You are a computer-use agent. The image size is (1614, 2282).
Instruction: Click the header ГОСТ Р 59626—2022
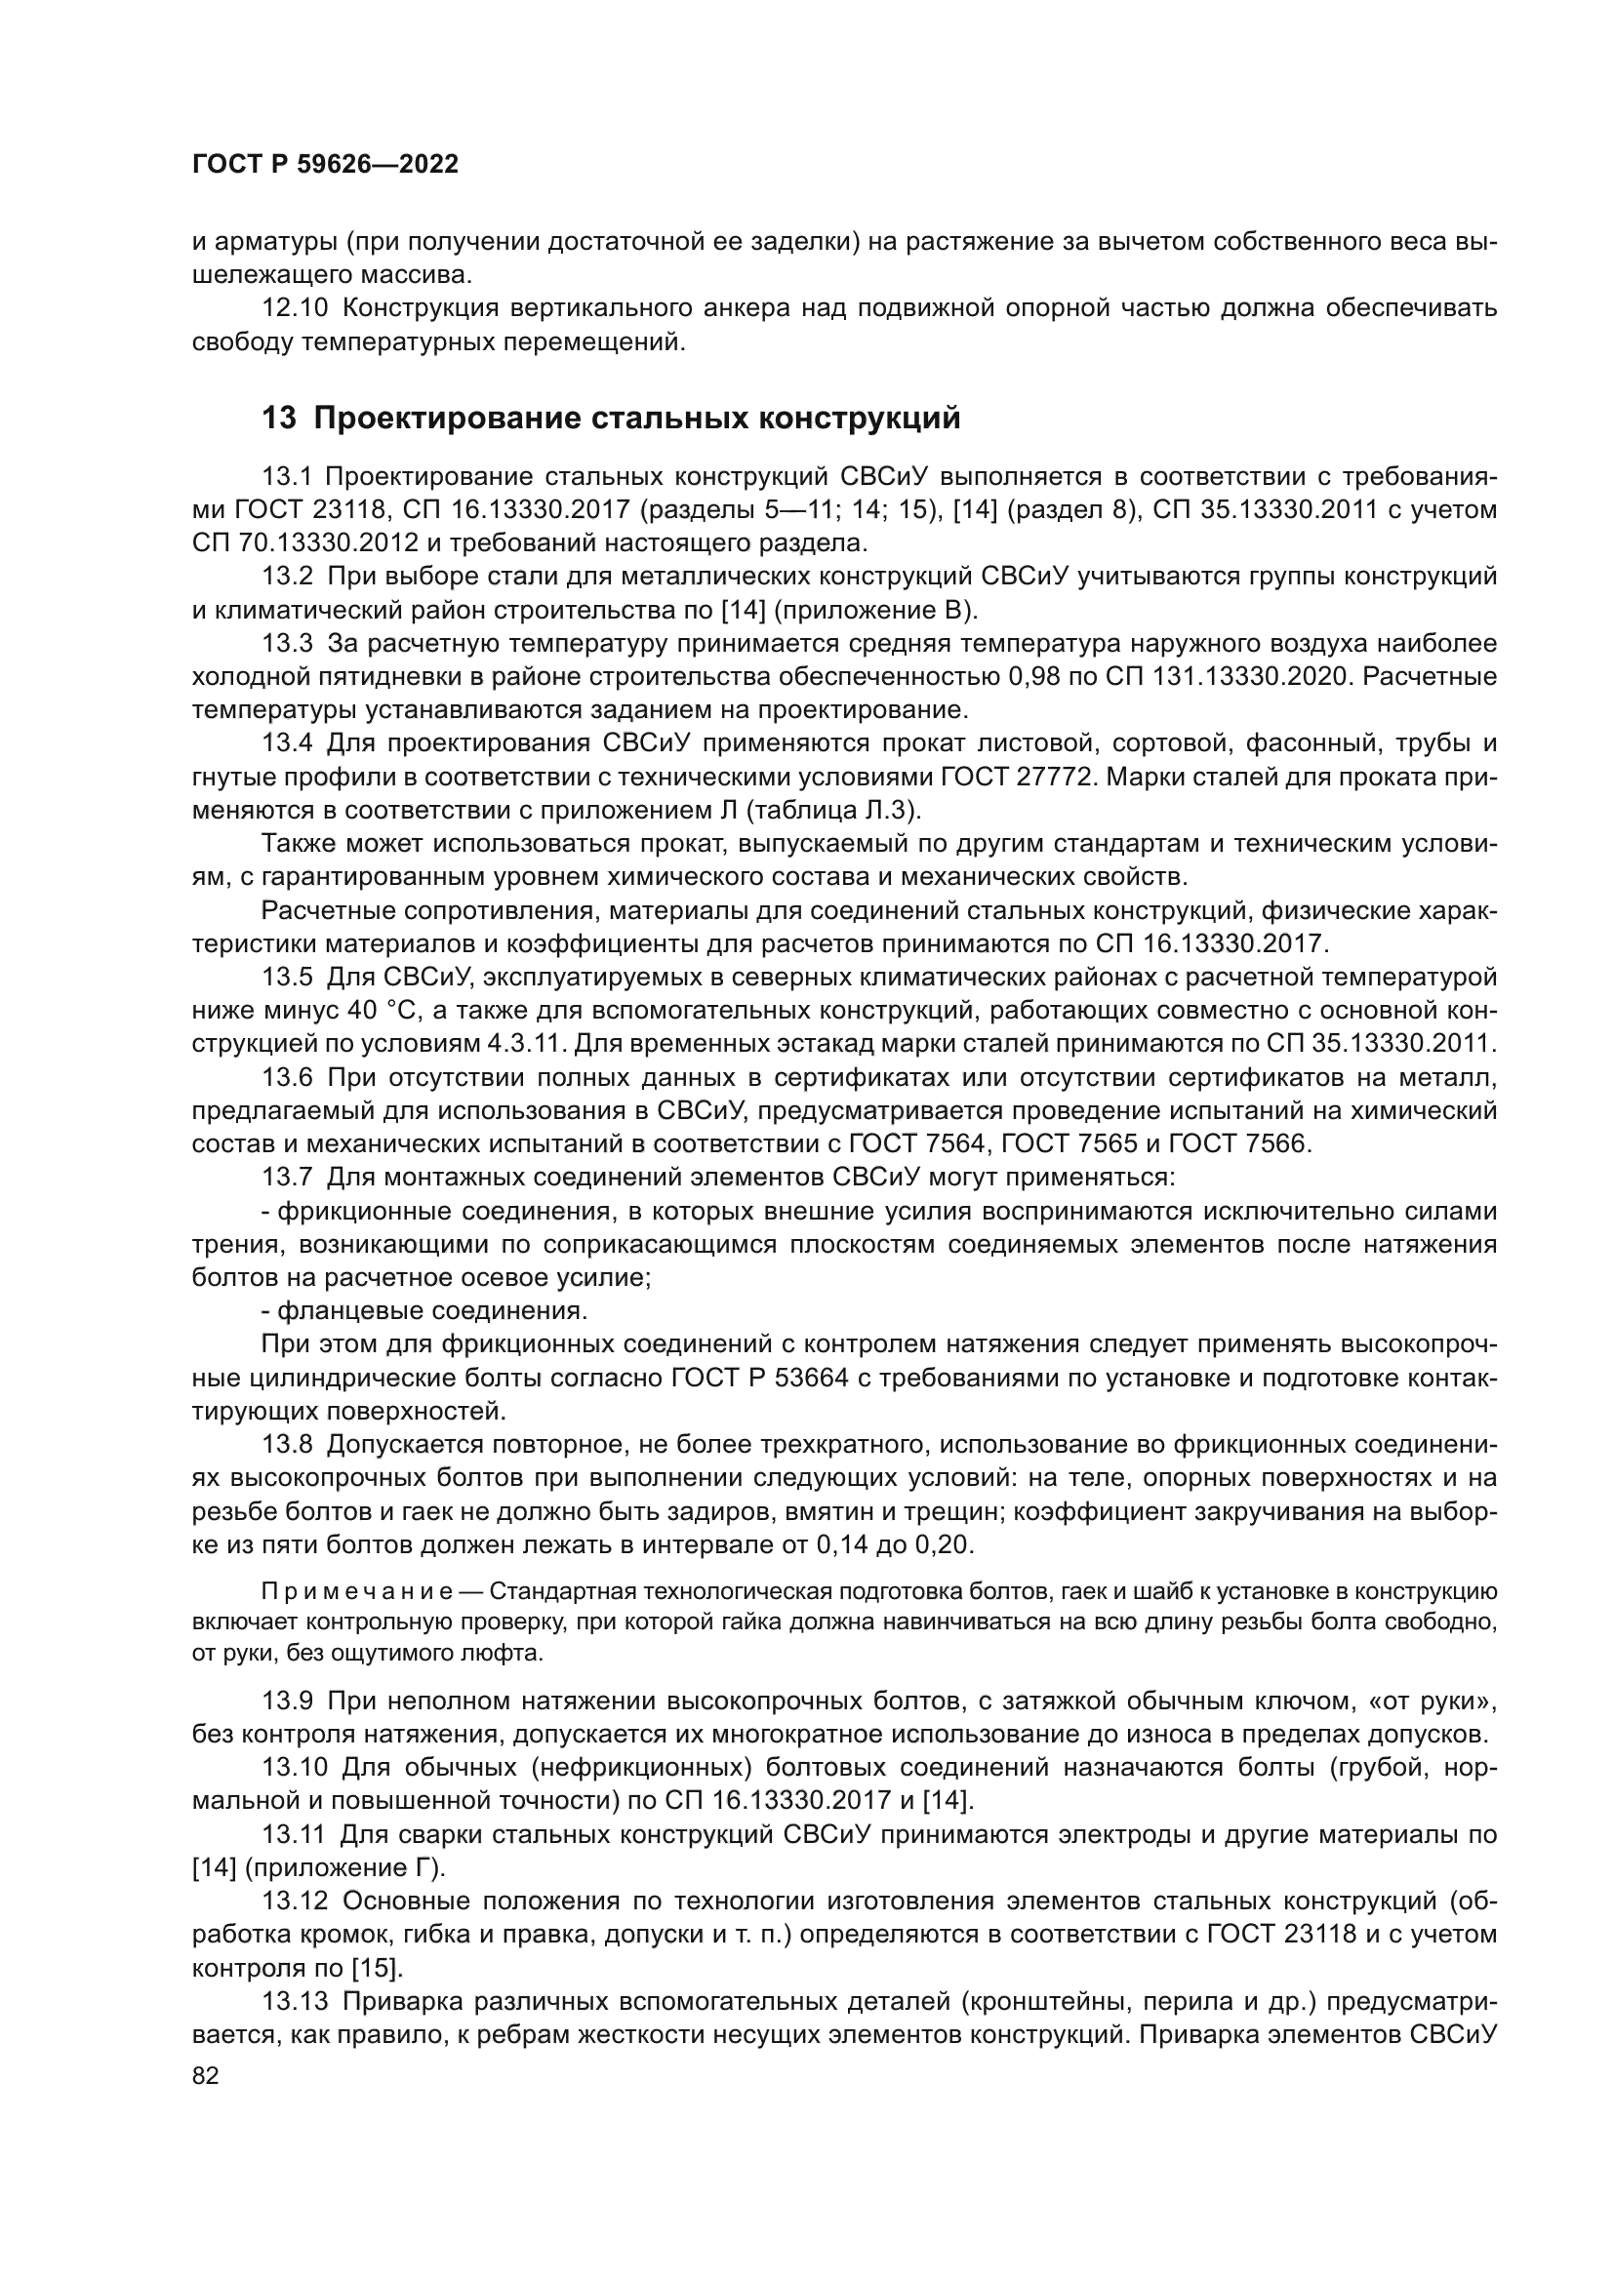[x=325, y=165]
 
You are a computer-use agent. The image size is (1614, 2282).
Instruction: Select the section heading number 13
[x=278, y=419]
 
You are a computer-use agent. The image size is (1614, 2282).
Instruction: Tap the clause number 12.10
[x=294, y=308]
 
